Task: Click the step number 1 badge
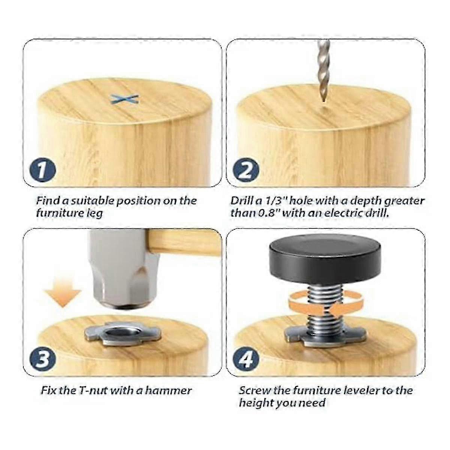tap(42, 171)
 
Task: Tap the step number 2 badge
tap(246, 171)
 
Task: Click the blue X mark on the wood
tap(124, 99)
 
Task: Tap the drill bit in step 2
tap(323, 71)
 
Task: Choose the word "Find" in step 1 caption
tap(48, 200)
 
